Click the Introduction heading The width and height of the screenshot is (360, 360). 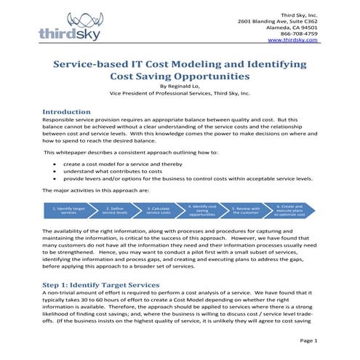tap(71, 112)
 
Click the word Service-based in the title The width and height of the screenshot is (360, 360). tap(89, 63)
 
